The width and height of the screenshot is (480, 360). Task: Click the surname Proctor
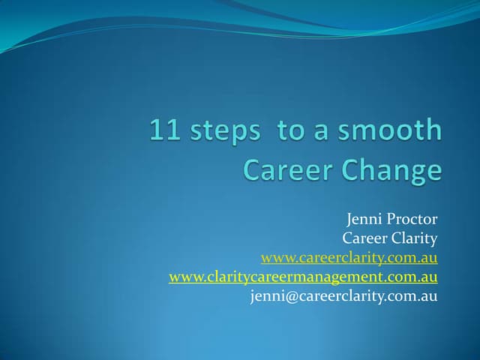[x=412, y=220]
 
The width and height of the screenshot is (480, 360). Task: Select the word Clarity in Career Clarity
[x=413, y=239]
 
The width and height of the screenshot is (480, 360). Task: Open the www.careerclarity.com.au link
[x=349, y=259]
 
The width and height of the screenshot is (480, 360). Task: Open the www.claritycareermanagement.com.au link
[x=303, y=277]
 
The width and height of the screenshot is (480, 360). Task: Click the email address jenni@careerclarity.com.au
[x=343, y=296]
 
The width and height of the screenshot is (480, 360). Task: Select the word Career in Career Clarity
[x=364, y=239]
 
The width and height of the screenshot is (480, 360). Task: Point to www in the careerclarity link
[x=275, y=259]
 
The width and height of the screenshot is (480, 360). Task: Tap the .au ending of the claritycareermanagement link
[x=427, y=277]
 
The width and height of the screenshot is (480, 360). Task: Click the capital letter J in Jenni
[x=350, y=220]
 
